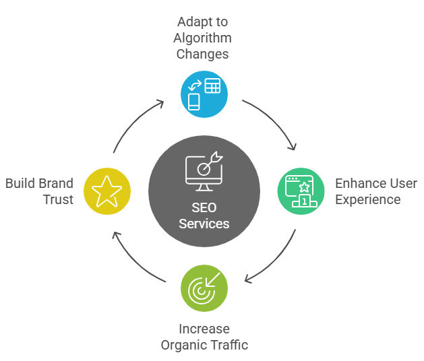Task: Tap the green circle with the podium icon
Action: point(301,191)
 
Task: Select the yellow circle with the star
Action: point(107,191)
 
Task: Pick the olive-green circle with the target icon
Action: point(204,288)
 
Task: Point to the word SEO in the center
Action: point(204,207)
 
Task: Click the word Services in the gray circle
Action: point(204,224)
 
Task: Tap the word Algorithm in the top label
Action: point(204,38)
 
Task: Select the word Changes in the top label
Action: point(204,55)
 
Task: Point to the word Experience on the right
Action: point(368,199)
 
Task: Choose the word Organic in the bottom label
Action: point(183,346)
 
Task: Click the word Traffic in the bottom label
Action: point(228,346)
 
